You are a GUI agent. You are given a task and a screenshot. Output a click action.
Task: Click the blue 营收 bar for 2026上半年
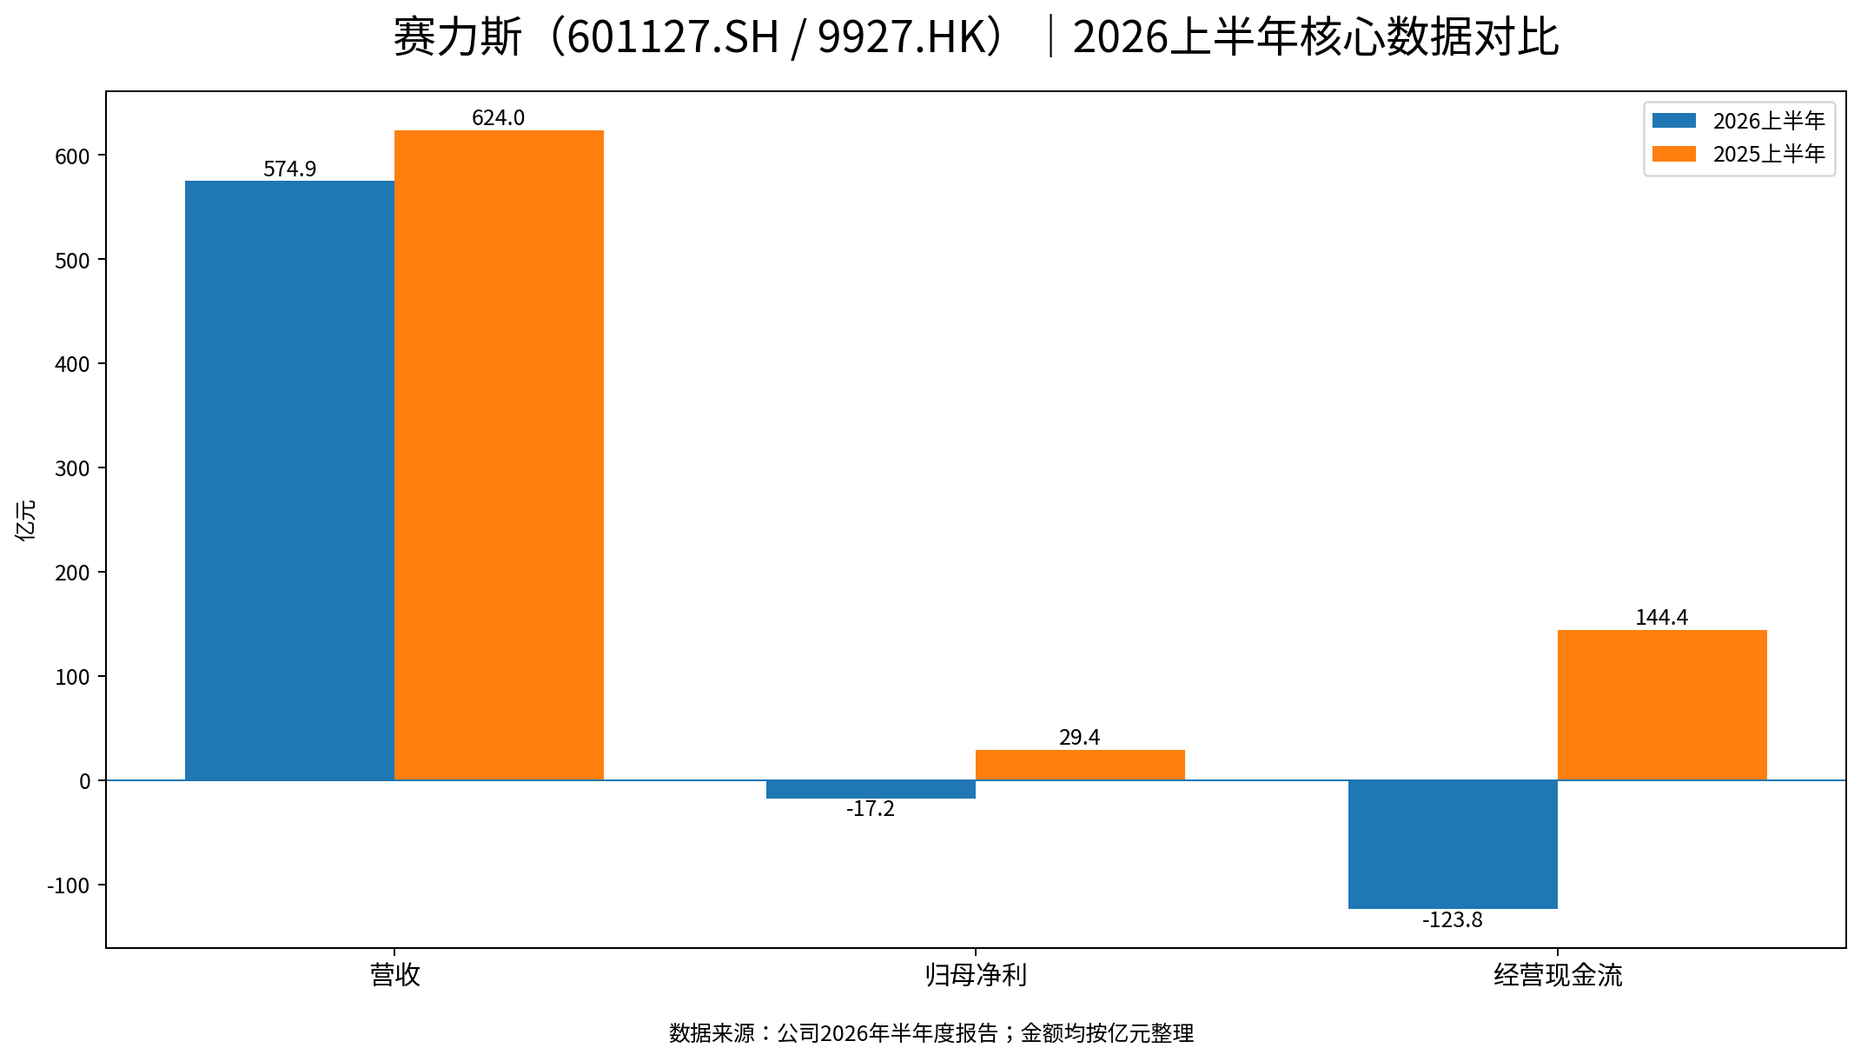(289, 481)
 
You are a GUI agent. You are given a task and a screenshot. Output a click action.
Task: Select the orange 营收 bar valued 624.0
(499, 455)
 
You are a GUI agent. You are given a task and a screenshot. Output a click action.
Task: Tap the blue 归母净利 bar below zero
(871, 789)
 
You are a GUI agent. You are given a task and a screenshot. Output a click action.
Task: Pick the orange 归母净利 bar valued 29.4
(1080, 765)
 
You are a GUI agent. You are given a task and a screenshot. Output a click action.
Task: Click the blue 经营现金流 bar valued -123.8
(1453, 845)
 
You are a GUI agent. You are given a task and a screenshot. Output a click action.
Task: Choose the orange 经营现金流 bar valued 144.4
(1662, 705)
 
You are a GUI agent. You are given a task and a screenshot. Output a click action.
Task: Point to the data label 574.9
(289, 169)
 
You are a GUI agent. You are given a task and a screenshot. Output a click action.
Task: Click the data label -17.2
(871, 809)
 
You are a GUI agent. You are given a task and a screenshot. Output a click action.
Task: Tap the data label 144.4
(1662, 617)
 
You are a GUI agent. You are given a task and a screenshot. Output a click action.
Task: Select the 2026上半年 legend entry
(1738, 121)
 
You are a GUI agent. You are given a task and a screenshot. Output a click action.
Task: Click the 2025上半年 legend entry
(1738, 154)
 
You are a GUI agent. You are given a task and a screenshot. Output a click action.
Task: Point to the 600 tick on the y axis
(72, 156)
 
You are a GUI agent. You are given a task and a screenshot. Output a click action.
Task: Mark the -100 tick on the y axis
(69, 885)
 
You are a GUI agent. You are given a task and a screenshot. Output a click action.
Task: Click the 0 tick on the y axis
(85, 781)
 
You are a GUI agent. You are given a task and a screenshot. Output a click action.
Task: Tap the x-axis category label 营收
(394, 975)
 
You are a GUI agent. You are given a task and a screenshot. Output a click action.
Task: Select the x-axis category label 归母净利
(976, 975)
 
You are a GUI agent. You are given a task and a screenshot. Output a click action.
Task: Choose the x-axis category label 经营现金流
(1558, 975)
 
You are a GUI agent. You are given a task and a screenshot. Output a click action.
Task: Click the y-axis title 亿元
(26, 520)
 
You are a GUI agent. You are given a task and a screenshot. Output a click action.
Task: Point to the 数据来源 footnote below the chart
(931, 1033)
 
